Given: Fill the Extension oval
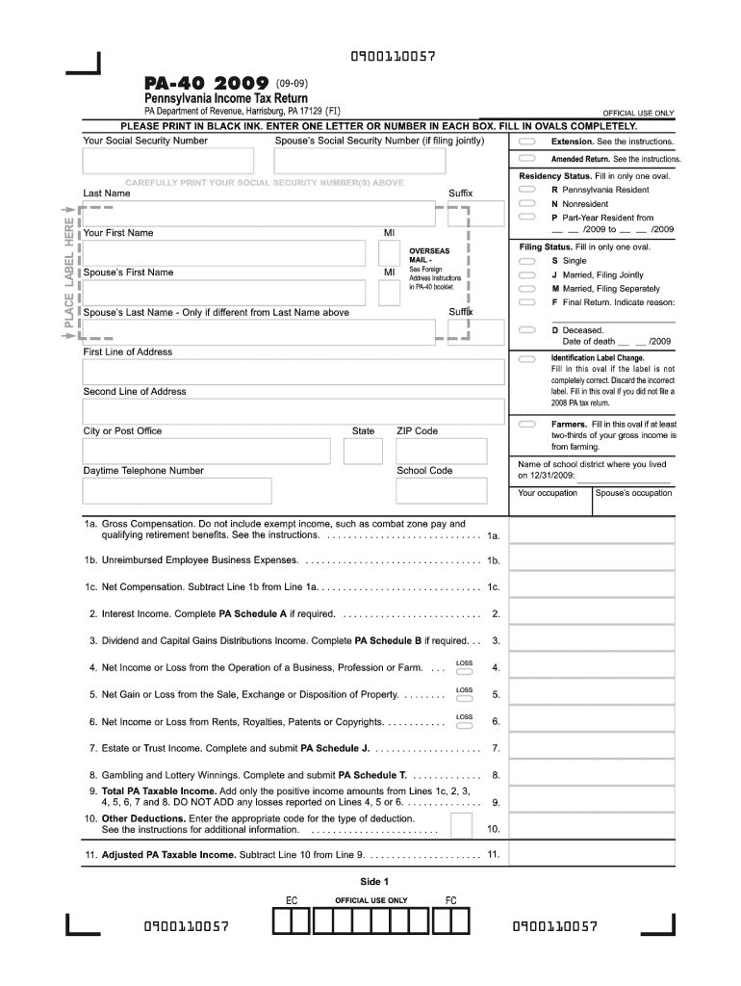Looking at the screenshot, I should click(526, 142).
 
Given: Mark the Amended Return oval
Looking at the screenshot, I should click(526, 159).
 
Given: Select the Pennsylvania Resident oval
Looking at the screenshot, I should click(526, 190).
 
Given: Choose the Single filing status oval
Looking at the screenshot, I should click(526, 261).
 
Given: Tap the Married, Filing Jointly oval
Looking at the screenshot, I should click(526, 274).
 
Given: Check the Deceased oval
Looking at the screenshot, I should click(526, 329).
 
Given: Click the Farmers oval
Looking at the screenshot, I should click(526, 424).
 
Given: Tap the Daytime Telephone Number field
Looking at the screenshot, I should click(177, 491).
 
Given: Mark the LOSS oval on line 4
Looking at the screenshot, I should click(464, 672).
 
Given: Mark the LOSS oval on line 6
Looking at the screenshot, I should click(464, 726).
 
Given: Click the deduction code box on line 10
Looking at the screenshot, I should click(461, 825).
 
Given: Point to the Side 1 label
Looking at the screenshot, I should click(370, 881).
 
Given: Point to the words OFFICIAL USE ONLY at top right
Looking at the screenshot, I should click(638, 113).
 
